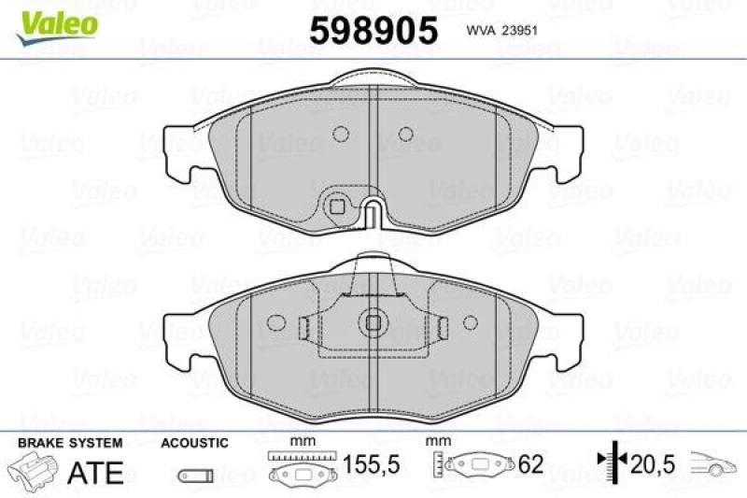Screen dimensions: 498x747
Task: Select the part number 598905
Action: click(x=373, y=30)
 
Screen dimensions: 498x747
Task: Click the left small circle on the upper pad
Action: click(x=341, y=134)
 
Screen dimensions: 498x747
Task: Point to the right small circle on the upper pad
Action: click(x=404, y=134)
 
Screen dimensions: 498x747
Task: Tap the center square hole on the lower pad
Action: click(x=373, y=322)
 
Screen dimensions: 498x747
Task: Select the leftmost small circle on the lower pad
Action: click(x=275, y=322)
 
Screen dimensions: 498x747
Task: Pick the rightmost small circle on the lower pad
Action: click(x=471, y=322)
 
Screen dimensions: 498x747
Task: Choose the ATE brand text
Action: click(x=96, y=472)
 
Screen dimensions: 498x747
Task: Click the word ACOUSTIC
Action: click(x=194, y=444)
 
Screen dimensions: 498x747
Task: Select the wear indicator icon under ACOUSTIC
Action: click(x=194, y=472)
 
